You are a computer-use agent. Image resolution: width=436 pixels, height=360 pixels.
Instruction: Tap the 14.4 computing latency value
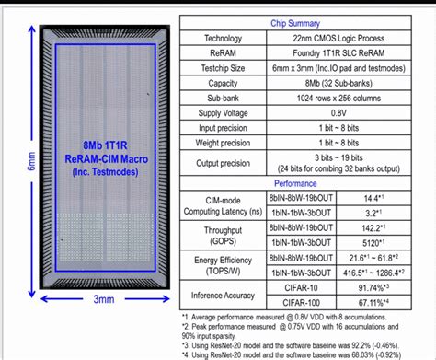click(x=370, y=197)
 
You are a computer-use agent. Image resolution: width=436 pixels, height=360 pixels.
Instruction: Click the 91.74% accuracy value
click(x=370, y=288)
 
